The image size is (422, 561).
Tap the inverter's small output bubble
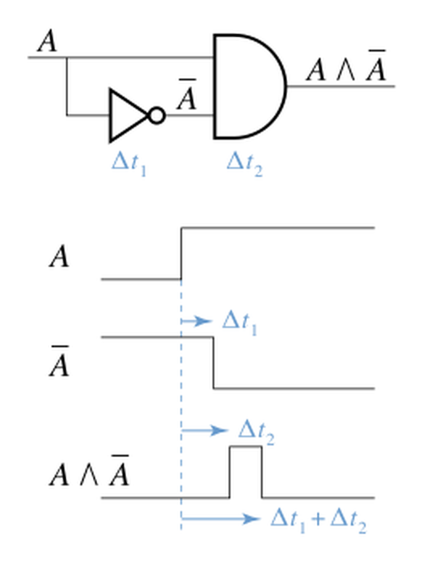click(156, 115)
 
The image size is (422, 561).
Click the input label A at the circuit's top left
click(47, 42)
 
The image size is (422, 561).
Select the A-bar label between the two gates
click(186, 96)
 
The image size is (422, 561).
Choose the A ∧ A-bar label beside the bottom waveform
click(89, 474)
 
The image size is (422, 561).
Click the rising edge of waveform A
click(181, 253)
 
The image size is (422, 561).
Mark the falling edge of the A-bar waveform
click(213, 363)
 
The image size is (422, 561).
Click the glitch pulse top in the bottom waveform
click(246, 447)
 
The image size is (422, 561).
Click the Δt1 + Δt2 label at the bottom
click(317, 520)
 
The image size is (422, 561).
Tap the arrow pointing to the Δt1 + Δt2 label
click(220, 519)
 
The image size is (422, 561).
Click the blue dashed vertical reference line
click(181, 390)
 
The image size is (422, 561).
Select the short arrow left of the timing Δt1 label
click(196, 321)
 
